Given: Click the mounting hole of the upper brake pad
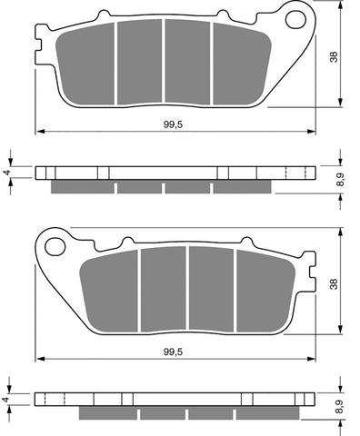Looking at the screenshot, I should (x=294, y=18).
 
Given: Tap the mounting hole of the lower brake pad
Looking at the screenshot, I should (x=54, y=245).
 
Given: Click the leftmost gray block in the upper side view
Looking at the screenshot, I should (x=82, y=187).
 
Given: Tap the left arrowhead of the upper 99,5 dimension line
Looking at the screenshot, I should (x=39, y=133).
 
